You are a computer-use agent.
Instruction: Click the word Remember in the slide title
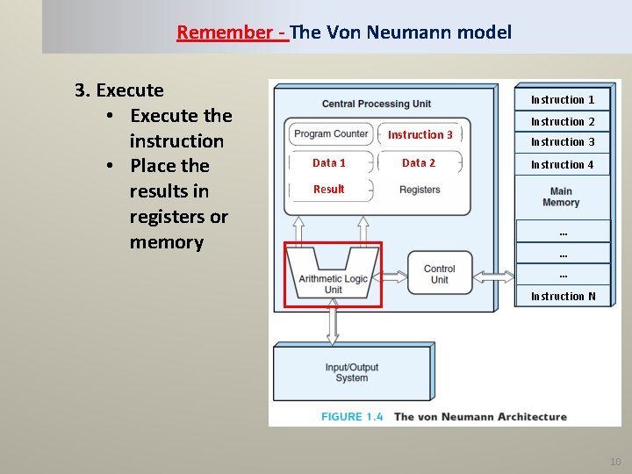point(224,33)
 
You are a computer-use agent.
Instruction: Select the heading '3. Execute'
point(119,90)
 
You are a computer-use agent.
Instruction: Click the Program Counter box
point(331,134)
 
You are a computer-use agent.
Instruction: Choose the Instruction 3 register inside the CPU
point(420,134)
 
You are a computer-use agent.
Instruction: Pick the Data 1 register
point(329,162)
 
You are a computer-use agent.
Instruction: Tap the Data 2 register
point(419,162)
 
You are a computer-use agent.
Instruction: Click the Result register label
point(329,189)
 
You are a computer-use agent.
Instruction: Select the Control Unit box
point(439,274)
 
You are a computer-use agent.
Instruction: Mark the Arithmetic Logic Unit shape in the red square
point(334,274)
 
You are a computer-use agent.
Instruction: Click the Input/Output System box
point(352,372)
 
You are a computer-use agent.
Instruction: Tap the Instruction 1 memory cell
point(563,100)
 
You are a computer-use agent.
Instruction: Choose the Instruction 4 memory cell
point(563,164)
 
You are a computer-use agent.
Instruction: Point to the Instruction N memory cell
point(563,296)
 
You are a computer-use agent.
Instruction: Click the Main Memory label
point(561,197)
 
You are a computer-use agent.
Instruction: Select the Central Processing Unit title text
point(377,104)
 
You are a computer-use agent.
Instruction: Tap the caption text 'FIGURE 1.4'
point(352,416)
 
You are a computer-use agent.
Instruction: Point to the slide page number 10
point(614,462)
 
